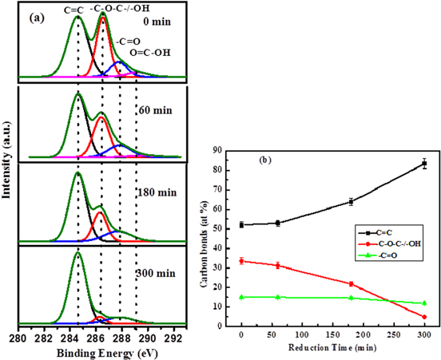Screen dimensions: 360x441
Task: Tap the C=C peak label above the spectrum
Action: (74, 10)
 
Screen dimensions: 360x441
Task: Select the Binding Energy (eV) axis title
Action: (101, 352)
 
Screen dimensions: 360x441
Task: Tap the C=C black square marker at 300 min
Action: (424, 164)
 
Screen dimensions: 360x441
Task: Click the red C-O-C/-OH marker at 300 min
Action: (424, 317)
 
